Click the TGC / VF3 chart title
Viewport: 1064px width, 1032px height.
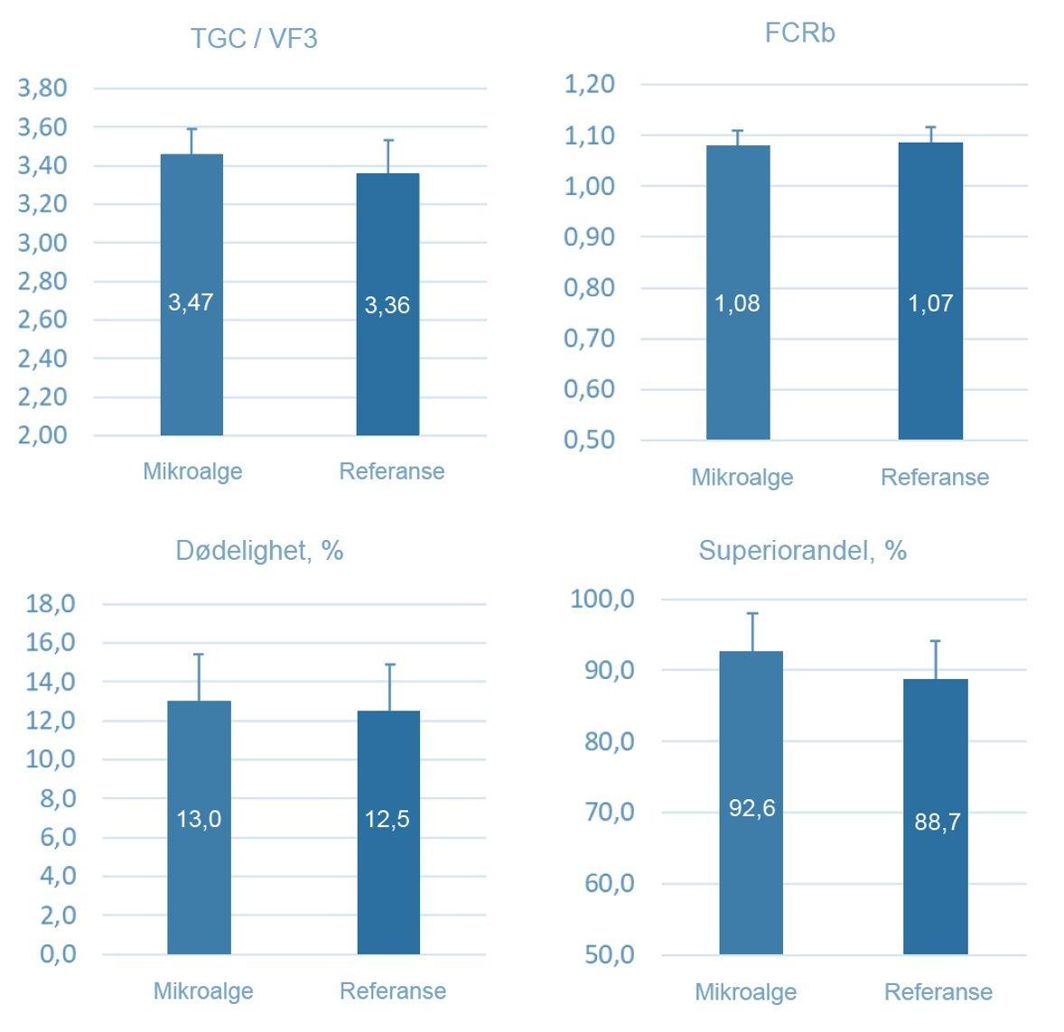tap(254, 39)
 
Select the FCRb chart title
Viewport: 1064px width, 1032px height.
tap(799, 33)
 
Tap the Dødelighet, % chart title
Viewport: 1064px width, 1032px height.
tap(259, 550)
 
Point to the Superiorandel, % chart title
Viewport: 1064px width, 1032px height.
tap(802, 550)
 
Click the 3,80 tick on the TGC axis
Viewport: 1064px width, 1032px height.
tap(42, 88)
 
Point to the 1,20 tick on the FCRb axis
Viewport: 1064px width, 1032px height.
tap(589, 84)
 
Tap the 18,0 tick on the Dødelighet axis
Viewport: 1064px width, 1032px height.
tap(51, 604)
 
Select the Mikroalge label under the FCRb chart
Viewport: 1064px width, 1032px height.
tap(742, 477)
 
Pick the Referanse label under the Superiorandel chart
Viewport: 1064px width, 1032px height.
tap(938, 992)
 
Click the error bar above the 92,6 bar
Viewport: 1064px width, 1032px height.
tap(752, 632)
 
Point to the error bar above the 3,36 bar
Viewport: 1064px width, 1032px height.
tap(388, 156)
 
